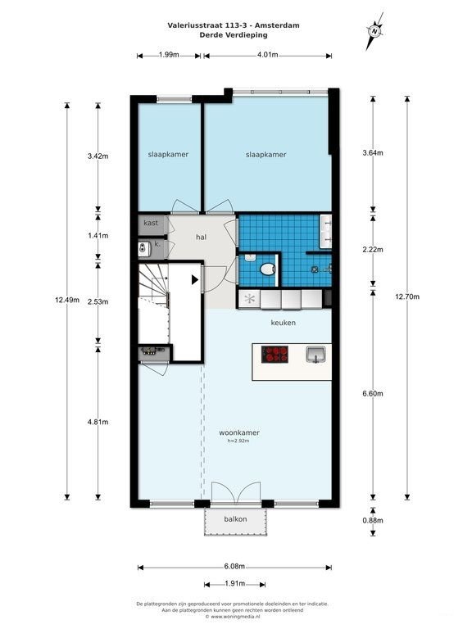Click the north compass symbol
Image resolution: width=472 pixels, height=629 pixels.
coord(374,31)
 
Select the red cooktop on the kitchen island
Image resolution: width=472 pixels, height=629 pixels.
coord(275,355)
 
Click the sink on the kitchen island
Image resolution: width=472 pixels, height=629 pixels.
coord(315,355)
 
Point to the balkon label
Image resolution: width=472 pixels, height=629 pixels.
coord(236,519)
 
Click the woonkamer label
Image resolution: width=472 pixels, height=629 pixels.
coord(239,432)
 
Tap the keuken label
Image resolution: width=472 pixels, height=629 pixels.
coord(284,323)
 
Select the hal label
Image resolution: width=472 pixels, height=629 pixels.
coord(201,237)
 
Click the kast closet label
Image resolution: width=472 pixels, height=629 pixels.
coord(151,223)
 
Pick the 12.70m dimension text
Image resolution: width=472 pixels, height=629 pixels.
coord(407,296)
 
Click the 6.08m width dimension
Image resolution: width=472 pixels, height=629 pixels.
coord(235,567)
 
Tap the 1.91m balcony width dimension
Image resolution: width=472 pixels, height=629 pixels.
coord(235,583)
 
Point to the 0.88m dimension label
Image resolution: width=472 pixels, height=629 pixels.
coord(373,521)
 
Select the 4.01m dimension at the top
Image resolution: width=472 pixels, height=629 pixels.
coord(268,55)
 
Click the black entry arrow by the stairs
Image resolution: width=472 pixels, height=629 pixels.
coord(195,280)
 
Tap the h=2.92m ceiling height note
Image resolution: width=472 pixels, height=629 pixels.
coord(238,441)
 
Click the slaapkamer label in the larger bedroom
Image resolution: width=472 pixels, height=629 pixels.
coord(266,155)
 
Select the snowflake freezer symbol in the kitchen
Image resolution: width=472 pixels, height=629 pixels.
coord(250,298)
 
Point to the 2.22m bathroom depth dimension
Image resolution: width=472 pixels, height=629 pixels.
coord(373,250)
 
